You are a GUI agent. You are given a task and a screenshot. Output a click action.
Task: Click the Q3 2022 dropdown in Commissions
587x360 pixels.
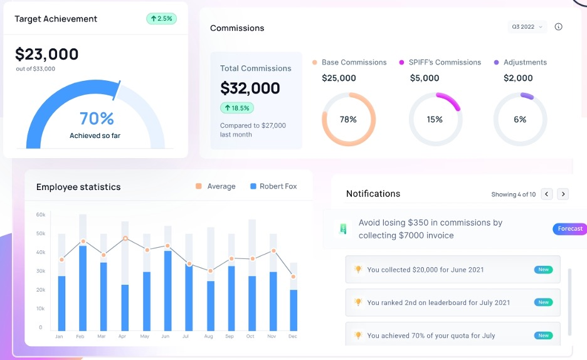[x=527, y=27]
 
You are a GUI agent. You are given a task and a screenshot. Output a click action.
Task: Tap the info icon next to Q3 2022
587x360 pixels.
[x=559, y=27]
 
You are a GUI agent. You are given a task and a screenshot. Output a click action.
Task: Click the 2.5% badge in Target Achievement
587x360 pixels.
[x=161, y=19]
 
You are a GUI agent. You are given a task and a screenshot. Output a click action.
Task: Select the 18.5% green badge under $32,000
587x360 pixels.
[x=237, y=108]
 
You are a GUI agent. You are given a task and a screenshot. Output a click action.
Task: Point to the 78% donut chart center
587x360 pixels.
[x=348, y=119]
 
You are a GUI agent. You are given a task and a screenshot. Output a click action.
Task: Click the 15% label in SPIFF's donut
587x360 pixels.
[x=435, y=119]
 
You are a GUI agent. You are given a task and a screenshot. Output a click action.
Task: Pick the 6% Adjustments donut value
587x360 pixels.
[x=520, y=119]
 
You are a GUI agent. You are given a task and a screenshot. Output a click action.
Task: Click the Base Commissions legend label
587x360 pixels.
[x=354, y=62]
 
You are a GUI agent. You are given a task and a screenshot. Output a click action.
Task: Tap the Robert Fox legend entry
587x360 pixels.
[x=273, y=186]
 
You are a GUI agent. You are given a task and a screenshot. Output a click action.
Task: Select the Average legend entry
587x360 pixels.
[x=215, y=186]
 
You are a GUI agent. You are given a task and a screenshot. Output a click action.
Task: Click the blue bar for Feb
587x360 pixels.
[x=83, y=289]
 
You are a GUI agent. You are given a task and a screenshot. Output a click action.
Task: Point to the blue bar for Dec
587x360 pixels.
[x=293, y=310]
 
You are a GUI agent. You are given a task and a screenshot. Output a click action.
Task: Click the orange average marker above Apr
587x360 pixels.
[x=125, y=238]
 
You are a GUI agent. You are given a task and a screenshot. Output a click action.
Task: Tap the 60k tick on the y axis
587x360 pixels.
[x=41, y=214]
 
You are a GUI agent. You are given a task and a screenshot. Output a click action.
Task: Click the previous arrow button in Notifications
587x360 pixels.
[x=547, y=194]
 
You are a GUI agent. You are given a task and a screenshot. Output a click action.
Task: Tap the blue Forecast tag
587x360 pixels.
[x=569, y=229]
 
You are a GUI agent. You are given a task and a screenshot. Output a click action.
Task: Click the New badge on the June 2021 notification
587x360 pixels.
[x=543, y=270]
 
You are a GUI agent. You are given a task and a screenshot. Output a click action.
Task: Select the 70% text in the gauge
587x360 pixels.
[x=97, y=119]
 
